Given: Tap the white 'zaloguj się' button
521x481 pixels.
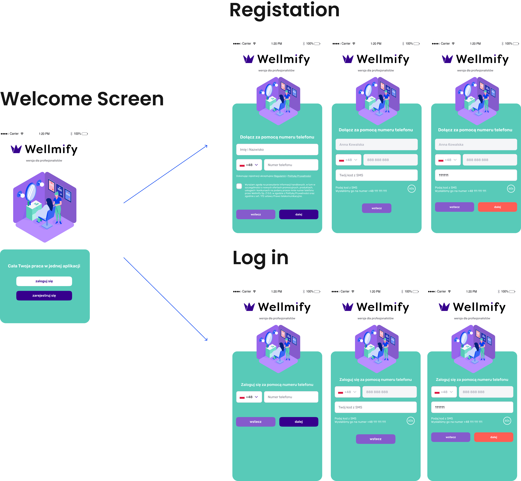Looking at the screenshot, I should click(44, 281).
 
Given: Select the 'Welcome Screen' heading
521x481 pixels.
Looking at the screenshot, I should click(82, 99).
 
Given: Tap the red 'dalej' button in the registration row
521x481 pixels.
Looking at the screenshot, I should click(497, 207).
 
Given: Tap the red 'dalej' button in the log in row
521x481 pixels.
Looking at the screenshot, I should click(493, 437).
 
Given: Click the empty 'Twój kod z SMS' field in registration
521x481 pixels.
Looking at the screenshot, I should click(377, 175).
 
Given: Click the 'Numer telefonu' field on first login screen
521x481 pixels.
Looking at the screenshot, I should click(291, 397).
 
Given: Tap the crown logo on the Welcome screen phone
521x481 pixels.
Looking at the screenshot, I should click(16, 149).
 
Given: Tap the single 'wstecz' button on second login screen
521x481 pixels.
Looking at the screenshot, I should click(376, 439).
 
